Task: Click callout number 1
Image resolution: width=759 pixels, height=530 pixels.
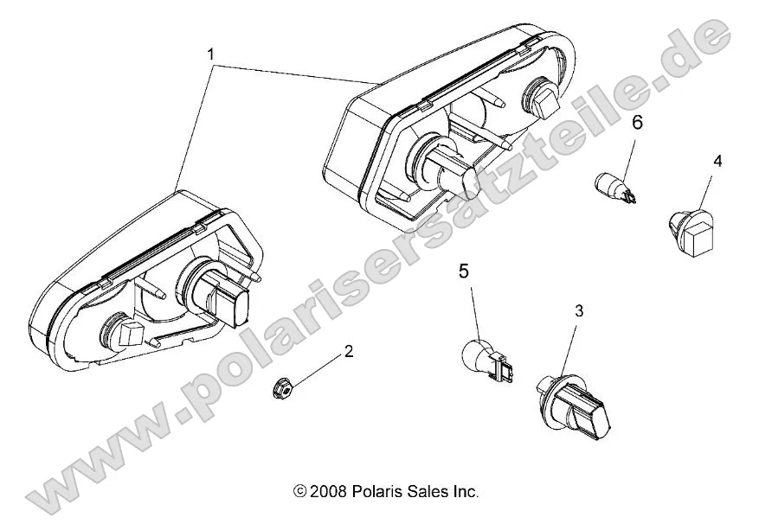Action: [x=210, y=54]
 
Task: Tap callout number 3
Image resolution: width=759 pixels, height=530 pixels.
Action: [x=579, y=310]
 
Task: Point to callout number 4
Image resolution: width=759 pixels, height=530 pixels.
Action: [x=717, y=161]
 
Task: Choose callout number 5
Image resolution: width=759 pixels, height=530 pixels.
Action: [x=464, y=271]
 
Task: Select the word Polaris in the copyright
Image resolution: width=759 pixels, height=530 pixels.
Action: [x=375, y=491]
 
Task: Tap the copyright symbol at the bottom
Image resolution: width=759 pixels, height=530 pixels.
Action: [x=299, y=492]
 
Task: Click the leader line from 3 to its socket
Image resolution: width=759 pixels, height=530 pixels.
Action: [x=567, y=345]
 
